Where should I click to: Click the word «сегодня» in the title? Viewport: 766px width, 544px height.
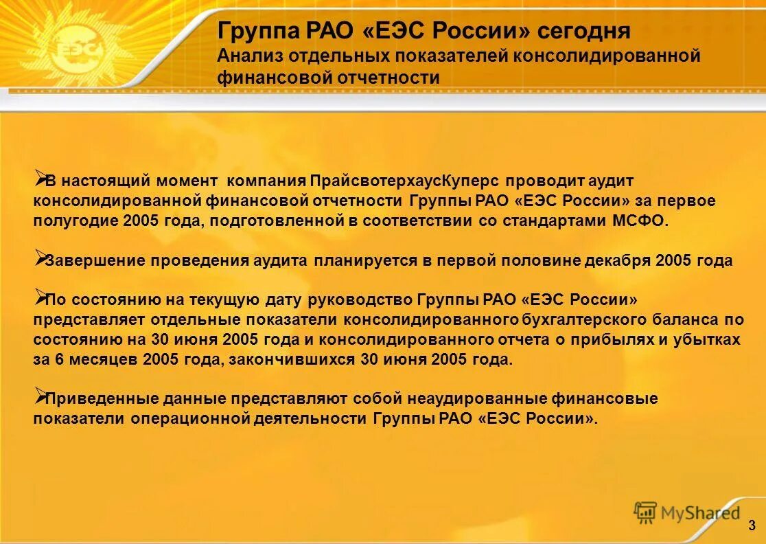[x=584, y=32]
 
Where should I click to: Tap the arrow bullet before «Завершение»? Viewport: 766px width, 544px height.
[x=39, y=258]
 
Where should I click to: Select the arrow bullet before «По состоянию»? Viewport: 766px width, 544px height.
[x=39, y=297]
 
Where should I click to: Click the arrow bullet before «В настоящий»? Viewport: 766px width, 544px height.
[x=39, y=179]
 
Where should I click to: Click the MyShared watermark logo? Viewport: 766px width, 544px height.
[x=686, y=512]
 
